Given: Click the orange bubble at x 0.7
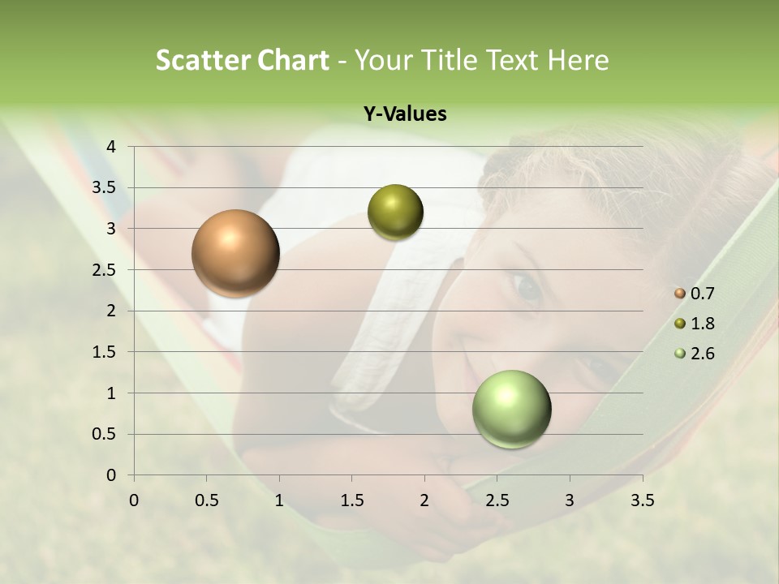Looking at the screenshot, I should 236,253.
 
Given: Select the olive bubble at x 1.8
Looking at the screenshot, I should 395,212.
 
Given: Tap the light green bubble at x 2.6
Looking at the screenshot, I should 511,409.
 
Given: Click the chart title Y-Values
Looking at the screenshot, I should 404,114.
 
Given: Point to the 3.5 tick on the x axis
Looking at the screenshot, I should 642,500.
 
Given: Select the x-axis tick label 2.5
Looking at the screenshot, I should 497,500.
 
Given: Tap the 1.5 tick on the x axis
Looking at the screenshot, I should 352,500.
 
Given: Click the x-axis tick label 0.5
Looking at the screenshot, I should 207,500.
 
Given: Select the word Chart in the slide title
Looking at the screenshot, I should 293,60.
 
